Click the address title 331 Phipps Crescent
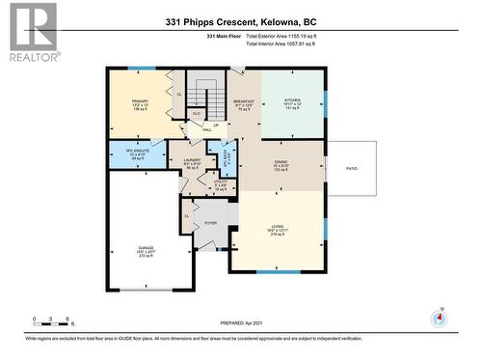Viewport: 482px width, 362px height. point(241,20)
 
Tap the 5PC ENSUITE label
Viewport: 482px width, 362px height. point(134,154)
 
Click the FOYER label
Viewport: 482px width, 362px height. point(211,222)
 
